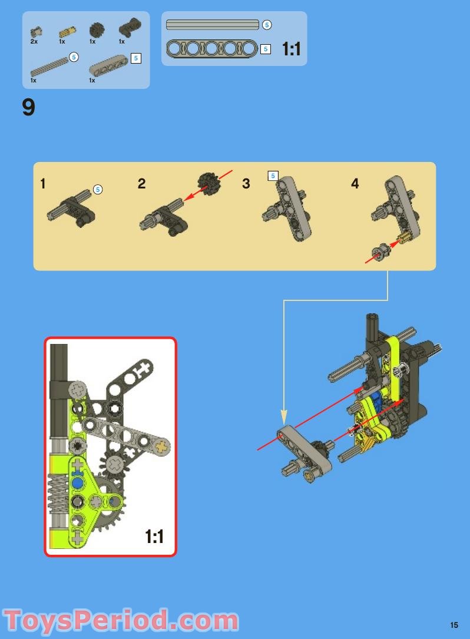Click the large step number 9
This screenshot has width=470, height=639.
point(28,108)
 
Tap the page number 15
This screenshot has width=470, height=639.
point(454,625)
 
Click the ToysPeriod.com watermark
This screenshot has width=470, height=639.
point(121,621)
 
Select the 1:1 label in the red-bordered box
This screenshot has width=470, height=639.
point(154,537)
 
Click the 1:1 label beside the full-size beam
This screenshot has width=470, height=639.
point(292,49)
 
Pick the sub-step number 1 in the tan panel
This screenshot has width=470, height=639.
point(42,184)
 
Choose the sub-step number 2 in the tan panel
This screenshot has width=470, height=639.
point(141,184)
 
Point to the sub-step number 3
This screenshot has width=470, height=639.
point(246,184)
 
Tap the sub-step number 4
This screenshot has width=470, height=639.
point(355,184)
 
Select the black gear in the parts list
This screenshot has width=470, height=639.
point(95,29)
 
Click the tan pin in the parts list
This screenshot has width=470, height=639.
point(65,30)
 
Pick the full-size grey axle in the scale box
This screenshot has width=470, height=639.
point(212,25)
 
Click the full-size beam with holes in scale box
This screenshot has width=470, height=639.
point(212,48)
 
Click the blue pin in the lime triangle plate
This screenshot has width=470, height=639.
point(77,483)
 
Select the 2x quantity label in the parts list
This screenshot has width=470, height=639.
point(34,42)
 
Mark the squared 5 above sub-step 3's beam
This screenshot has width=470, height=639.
point(272,176)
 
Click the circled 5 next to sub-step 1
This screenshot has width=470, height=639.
point(98,190)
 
